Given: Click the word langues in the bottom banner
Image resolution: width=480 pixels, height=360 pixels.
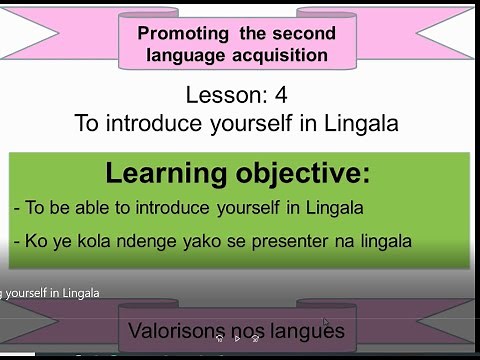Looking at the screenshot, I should tap(308, 330).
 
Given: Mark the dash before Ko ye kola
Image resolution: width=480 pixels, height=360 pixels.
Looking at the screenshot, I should tap(17, 241).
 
